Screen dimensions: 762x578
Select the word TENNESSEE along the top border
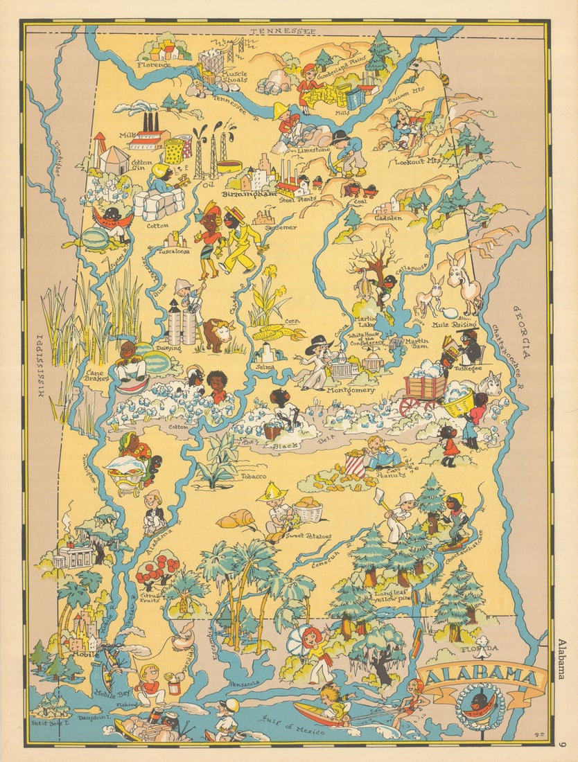point(282,32)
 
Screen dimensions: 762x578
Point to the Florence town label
point(153,65)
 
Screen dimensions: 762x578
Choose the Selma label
point(265,366)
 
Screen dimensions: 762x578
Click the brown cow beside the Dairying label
point(218,334)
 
